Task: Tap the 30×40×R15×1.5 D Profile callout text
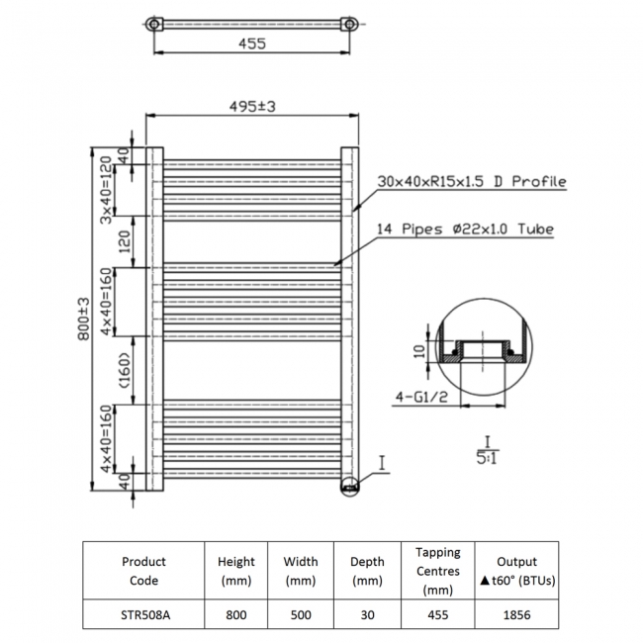(x=471, y=182)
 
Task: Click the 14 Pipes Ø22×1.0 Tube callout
(x=465, y=230)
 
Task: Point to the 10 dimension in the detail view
(x=420, y=350)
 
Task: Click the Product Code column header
(x=143, y=571)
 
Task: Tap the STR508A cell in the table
(x=143, y=613)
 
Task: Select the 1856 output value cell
(x=518, y=613)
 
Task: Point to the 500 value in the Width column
(x=301, y=613)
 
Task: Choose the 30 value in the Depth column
(x=367, y=613)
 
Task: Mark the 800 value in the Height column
(x=235, y=613)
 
